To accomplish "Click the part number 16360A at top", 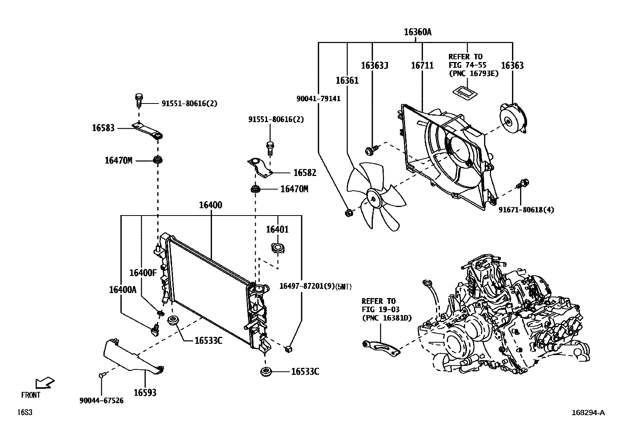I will pos(417,32).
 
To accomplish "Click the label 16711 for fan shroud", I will pos(422,66).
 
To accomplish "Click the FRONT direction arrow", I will pos(44,383).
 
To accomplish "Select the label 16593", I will pos(145,393).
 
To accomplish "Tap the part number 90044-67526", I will pos(102,401).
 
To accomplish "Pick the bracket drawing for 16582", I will pos(259,167).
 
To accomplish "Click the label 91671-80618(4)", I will pos(526,210).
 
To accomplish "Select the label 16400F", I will pos(143,273).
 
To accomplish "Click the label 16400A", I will pos(122,290).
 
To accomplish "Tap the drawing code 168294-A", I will pos(588,412).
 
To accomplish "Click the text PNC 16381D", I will pos(386,318).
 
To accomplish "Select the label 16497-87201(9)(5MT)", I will pos(315,286).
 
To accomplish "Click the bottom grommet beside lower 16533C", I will pos(266,371).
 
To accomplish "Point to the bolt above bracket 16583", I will pos(139,98).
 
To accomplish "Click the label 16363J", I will pos(374,66).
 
